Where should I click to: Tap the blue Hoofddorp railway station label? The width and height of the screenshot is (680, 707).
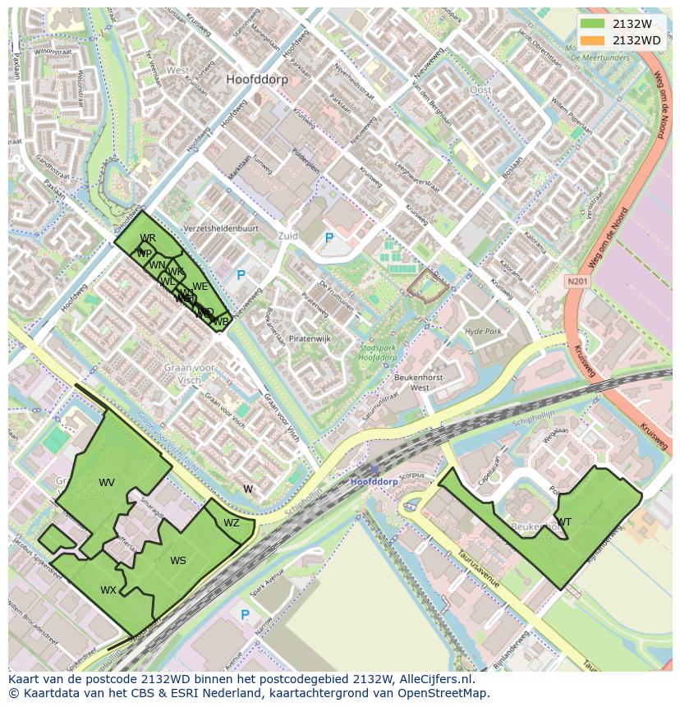[374, 482]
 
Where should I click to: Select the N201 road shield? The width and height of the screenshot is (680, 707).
[577, 281]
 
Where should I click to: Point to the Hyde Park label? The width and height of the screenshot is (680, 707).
[482, 331]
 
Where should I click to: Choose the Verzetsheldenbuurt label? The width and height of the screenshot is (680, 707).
[221, 228]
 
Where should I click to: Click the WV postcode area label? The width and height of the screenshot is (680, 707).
[107, 482]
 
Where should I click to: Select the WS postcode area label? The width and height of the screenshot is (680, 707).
[178, 561]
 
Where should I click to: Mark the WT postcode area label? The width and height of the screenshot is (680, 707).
[564, 522]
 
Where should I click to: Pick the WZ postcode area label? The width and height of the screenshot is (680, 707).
[232, 523]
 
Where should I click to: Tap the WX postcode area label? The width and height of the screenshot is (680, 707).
[108, 590]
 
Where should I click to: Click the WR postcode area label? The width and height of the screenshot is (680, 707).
[148, 238]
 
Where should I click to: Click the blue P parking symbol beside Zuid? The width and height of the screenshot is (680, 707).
[329, 238]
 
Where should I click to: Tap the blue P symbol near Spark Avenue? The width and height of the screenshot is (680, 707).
[244, 614]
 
